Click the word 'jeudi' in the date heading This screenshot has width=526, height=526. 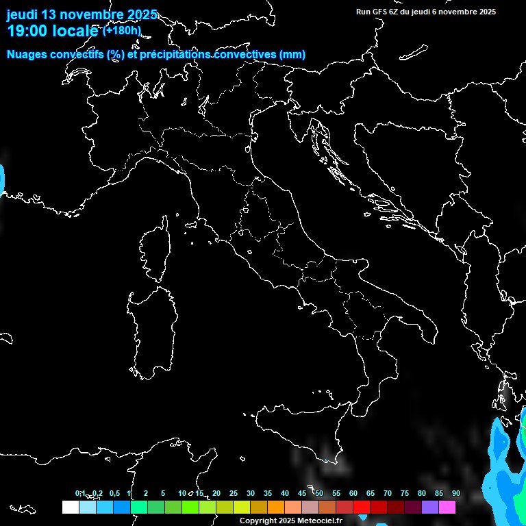point(22,14)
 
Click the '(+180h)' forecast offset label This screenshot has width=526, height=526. point(122,30)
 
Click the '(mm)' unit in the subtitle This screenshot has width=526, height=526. point(292,55)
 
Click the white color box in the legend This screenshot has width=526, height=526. point(70,508)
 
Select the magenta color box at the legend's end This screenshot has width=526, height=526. point(447,508)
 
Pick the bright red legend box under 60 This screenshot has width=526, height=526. point(362,508)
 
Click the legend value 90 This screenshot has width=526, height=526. point(455,493)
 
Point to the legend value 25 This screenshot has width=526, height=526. point(234,493)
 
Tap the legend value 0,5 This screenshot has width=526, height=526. point(114,493)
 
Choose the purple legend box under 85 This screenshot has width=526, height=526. point(430,508)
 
